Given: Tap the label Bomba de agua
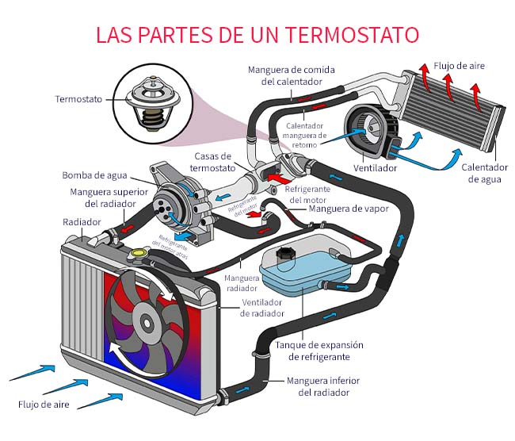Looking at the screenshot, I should coord(92,175).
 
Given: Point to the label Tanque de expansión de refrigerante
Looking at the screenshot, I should coord(319,351).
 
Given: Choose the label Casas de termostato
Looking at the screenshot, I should coord(212,162).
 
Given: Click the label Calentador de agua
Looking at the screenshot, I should coord(484,173).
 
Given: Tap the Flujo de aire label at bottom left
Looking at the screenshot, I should coord(44,405).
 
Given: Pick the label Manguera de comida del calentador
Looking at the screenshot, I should coord(291,76).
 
